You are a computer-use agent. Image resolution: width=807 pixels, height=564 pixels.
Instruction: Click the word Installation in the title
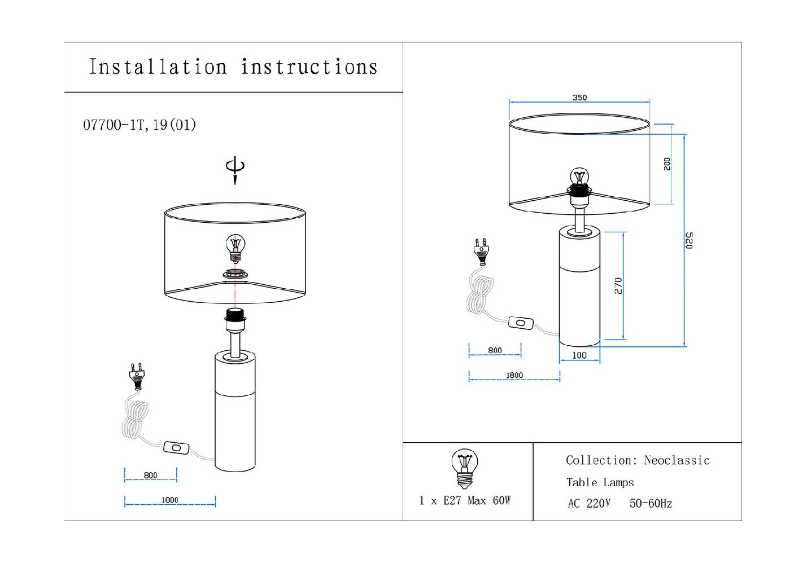pyautogui.click(x=158, y=67)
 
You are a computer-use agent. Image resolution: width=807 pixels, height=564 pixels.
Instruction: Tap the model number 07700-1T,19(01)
pyautogui.click(x=139, y=125)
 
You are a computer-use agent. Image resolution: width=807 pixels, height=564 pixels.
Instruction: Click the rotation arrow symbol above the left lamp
pyautogui.click(x=235, y=169)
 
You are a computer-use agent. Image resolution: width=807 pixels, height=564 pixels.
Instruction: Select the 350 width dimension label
pyautogui.click(x=579, y=98)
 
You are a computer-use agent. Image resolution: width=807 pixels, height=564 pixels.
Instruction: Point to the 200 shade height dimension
pyautogui.click(x=667, y=164)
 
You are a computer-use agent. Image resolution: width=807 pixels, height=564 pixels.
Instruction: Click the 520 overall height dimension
pyautogui.click(x=689, y=240)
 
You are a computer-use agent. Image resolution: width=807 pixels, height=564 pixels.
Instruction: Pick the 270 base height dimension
pyautogui.click(x=618, y=285)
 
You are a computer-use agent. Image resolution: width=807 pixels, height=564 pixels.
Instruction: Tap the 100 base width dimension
pyautogui.click(x=579, y=355)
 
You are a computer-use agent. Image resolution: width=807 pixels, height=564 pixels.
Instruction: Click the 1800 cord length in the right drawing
pyautogui.click(x=514, y=375)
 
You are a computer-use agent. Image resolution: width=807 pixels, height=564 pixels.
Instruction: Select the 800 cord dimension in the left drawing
pyautogui.click(x=150, y=475)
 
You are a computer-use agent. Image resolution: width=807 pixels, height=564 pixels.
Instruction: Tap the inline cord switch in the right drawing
pyautogui.click(x=521, y=323)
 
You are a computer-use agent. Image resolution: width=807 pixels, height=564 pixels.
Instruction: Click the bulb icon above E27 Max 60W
pyautogui.click(x=465, y=468)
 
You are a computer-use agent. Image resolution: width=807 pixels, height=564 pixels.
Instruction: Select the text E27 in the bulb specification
pyautogui.click(x=452, y=501)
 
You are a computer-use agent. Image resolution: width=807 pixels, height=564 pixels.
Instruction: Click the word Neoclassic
pyautogui.click(x=677, y=460)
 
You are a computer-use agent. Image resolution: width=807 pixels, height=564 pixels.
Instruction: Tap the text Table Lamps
pyautogui.click(x=600, y=482)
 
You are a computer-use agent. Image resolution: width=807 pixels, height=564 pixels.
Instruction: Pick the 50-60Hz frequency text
pyautogui.click(x=651, y=504)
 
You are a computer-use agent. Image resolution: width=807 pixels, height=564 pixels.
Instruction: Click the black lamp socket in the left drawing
pyautogui.click(x=235, y=315)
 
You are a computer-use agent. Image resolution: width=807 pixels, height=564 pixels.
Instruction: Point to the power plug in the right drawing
pyautogui.click(x=481, y=252)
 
